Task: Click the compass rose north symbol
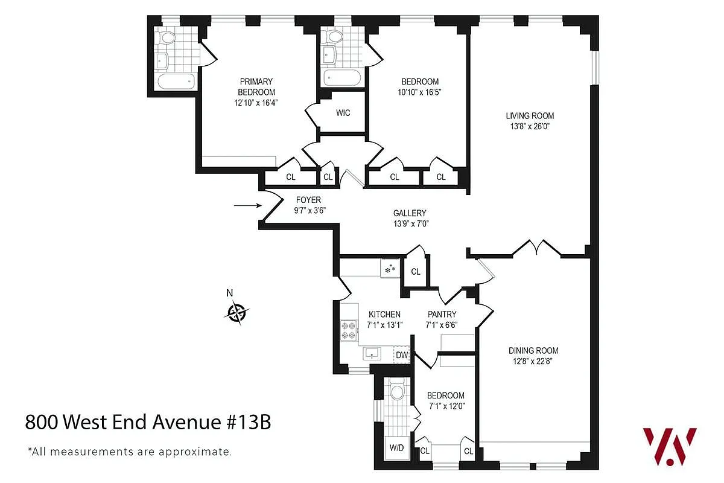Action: (237, 312)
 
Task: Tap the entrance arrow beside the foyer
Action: (246, 206)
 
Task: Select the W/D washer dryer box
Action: (396, 449)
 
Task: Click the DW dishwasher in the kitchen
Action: (402, 355)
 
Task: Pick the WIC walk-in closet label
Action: (343, 113)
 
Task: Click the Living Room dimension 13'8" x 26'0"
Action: (529, 127)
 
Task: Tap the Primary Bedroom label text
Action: (256, 87)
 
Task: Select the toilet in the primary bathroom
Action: (167, 37)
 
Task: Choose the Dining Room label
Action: (533, 350)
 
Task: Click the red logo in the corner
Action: (669, 446)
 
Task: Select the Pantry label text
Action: (442, 314)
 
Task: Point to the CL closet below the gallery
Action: (416, 272)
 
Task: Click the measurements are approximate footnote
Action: (129, 451)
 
